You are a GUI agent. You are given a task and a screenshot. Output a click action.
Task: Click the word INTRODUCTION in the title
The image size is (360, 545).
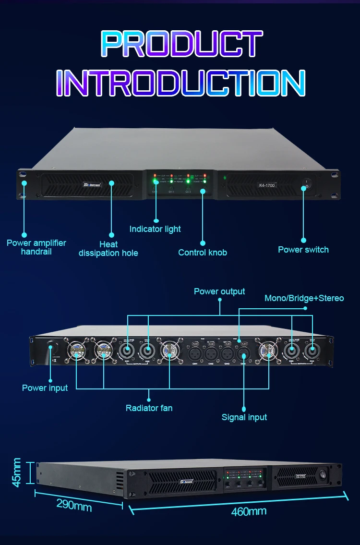coord(180,83)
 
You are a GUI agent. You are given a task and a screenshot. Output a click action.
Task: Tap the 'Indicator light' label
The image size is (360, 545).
coord(155,229)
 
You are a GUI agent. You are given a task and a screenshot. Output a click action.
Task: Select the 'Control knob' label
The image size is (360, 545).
coord(203,252)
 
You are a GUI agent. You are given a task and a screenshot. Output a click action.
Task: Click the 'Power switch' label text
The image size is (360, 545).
coord(303,249)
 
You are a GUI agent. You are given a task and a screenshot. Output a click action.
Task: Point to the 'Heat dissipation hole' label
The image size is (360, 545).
coord(108,249)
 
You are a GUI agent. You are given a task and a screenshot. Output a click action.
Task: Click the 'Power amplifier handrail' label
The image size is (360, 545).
coord(36,247)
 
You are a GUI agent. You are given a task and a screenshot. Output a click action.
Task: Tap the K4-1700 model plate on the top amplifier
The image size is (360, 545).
coord(267,185)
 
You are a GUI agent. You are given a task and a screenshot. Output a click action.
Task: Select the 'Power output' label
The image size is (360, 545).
coord(219,291)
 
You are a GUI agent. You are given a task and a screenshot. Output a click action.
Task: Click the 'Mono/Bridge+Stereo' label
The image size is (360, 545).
coord(304,298)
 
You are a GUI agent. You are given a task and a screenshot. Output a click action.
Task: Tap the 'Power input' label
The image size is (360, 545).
coord(45,388)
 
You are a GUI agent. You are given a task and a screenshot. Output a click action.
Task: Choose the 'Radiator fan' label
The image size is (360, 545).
coord(149,408)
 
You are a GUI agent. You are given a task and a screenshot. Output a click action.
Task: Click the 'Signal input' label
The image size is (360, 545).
coord(244,417)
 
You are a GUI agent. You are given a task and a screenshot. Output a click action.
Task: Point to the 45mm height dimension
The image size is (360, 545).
coord(17,472)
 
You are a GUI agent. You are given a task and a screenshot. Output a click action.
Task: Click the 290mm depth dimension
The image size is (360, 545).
coord(74,504)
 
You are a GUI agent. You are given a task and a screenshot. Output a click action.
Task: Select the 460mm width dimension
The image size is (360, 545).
coord(249,511)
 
